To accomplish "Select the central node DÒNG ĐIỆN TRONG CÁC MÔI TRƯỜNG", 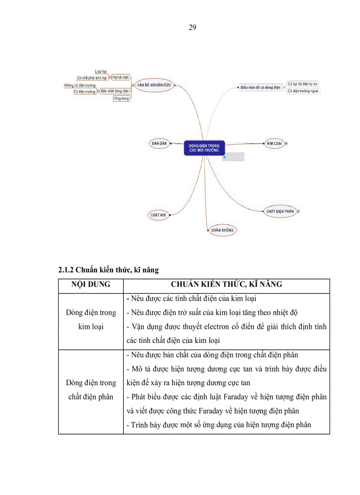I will click(204, 148).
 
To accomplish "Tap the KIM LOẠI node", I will click(274, 144).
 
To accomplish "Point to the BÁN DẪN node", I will click(159, 144).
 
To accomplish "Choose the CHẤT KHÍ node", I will click(157, 215).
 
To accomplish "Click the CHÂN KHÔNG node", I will click(222, 230).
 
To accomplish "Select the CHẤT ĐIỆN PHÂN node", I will click(280, 212).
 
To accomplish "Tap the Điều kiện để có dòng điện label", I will click(260, 88).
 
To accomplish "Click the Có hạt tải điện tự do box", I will click(302, 84).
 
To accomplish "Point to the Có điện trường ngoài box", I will click(303, 91).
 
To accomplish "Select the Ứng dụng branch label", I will click(121, 98).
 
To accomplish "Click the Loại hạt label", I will click(101, 71).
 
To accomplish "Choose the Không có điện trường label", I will click(80, 85).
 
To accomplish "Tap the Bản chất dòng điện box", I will click(114, 91).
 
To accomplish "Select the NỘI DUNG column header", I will click(91, 285).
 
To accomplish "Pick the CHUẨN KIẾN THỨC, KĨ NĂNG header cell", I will click(226, 285).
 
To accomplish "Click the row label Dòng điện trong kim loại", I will click(91, 320).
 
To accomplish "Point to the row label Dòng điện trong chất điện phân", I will click(91, 390).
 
